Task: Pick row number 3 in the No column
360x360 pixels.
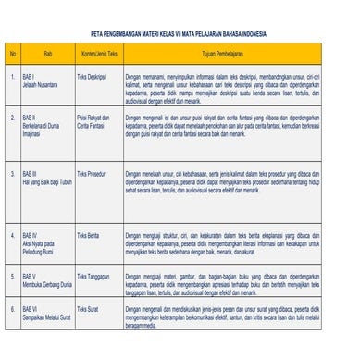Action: (x=13, y=173)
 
